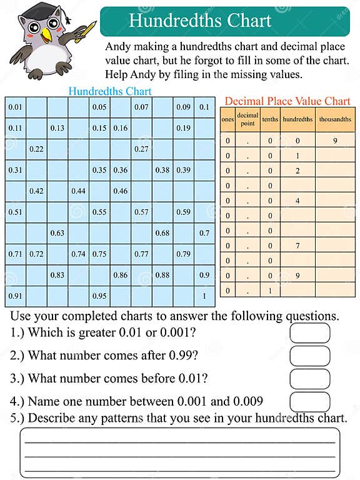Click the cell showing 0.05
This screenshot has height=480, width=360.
pyautogui.click(x=99, y=107)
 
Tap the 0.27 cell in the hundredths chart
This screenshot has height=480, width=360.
pyautogui.click(x=141, y=149)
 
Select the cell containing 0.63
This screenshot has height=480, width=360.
pyautogui.click(x=57, y=233)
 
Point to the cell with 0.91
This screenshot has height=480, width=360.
pyautogui.click(x=16, y=296)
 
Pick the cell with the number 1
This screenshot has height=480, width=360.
pyautogui.click(x=204, y=296)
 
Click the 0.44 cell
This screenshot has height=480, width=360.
pyautogui.click(x=78, y=191)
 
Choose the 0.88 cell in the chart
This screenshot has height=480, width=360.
pyautogui.click(x=162, y=275)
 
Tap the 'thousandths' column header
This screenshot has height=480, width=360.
pyautogui.click(x=335, y=119)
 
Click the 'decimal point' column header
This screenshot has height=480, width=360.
pyautogui.click(x=247, y=119)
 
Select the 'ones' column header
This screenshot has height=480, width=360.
pyautogui.click(x=227, y=119)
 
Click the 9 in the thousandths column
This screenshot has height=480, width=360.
pyautogui.click(x=335, y=141)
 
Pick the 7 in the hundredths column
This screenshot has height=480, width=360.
pyautogui.click(x=297, y=246)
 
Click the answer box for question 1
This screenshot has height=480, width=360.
pyautogui.click(x=309, y=332)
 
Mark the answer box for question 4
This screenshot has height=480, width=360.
pyautogui.click(x=309, y=401)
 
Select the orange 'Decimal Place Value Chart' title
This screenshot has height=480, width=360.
pyautogui.click(x=287, y=101)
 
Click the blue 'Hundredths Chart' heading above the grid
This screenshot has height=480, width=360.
pyautogui.click(x=110, y=91)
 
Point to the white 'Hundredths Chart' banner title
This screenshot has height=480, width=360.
pyautogui.click(x=200, y=21)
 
